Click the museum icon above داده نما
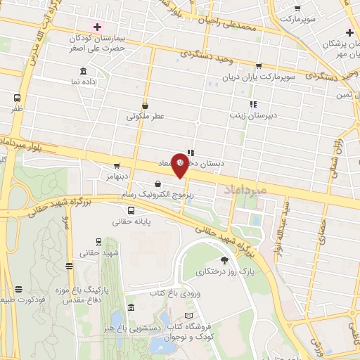84,71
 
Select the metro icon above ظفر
17,98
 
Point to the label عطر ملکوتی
144,116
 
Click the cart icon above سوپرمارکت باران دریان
259,65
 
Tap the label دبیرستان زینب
252,114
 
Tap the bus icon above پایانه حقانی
131,210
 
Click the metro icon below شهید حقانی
69,265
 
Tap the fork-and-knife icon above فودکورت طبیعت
19,288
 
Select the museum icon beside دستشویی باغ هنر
132,307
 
